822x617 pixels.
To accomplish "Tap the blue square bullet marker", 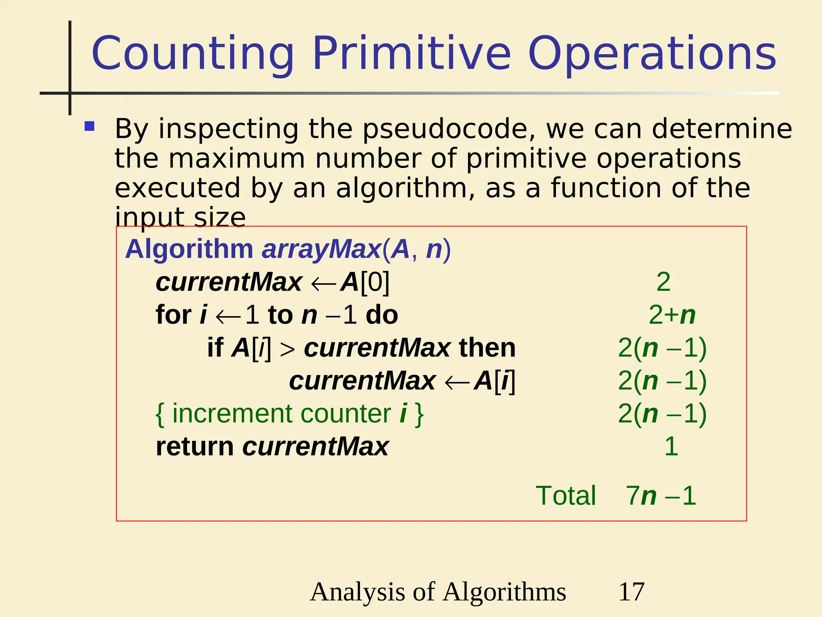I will (90, 127).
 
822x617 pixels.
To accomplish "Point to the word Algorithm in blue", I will (189, 249).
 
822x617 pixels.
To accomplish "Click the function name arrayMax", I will (321, 249).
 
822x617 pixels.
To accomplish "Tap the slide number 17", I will (631, 592).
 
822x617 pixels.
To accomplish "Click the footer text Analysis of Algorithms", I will (438, 592).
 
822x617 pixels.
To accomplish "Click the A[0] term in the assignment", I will (365, 282).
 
